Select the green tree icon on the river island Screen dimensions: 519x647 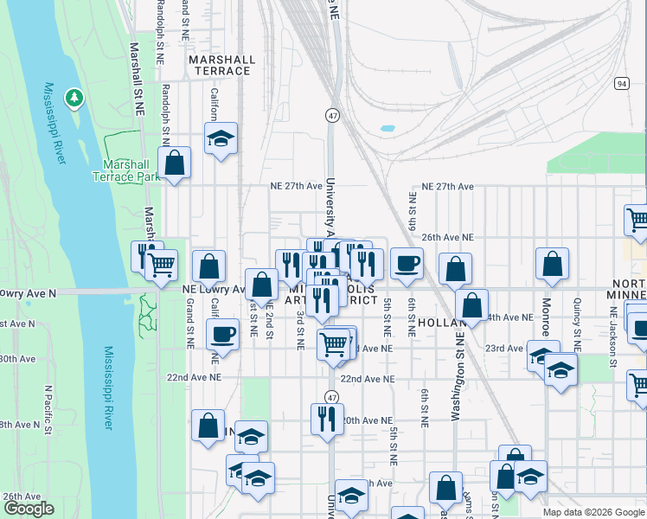tap(75, 98)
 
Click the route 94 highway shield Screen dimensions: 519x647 tap(622, 83)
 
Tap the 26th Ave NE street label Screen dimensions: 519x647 tap(447, 236)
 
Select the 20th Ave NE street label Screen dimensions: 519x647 tap(367, 420)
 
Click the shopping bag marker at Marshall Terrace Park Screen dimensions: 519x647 tap(175, 163)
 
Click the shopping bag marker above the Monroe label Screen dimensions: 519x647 tap(552, 264)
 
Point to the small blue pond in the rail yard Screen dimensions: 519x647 tap(387, 129)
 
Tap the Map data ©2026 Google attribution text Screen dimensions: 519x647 tap(593, 512)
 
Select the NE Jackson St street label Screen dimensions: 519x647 tap(612, 339)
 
